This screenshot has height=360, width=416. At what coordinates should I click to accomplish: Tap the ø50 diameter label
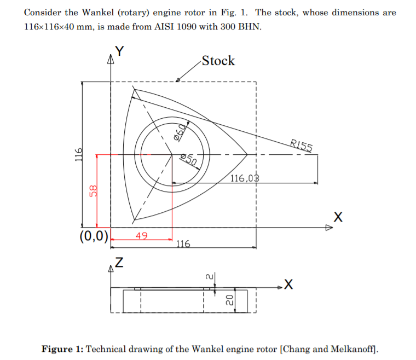coord(188,160)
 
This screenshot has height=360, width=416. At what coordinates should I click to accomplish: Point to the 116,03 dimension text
coord(244,178)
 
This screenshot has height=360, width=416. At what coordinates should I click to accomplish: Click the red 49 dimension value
coord(142,235)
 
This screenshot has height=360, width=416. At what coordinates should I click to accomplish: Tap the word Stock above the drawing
coord(218,61)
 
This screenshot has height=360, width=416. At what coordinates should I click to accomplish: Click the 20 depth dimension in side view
coord(230,300)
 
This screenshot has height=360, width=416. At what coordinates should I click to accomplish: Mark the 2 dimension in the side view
coord(209,277)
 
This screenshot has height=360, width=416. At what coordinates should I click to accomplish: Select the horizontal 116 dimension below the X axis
coord(183,243)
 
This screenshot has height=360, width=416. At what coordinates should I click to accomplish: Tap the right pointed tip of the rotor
coord(248,154)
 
